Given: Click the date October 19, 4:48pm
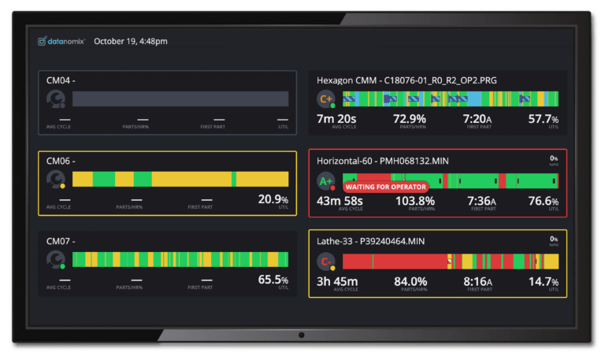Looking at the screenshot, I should coord(130,41).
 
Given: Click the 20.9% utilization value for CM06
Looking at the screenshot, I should coord(273,199).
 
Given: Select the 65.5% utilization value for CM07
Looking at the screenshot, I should coord(273,279).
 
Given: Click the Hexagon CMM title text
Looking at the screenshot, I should coord(406,80).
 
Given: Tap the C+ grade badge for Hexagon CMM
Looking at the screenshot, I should coord(325,99).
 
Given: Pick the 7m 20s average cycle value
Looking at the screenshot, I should coord(338,118).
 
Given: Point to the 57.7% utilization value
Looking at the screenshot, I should coord(543,118).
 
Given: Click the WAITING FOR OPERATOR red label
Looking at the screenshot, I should coord(384,187).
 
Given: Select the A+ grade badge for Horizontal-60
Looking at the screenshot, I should coord(325,182).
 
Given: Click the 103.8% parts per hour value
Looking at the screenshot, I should coord(414,200).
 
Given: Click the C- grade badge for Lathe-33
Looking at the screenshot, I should coord(325,262).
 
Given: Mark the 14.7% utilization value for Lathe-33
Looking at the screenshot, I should coord(543,281).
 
